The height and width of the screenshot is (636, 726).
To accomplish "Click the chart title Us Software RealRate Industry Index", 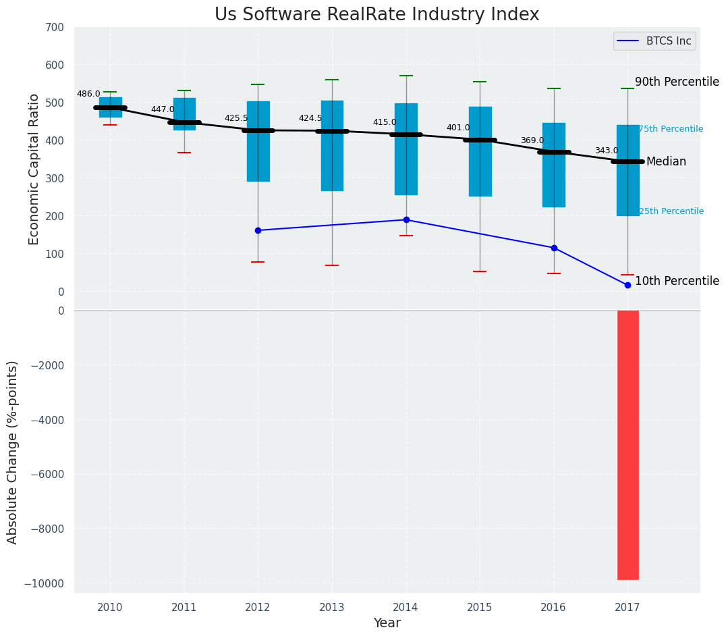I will point(376,15).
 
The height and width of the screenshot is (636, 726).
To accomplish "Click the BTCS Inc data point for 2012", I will point(258,230).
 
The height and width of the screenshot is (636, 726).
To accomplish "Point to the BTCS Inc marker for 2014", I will point(406,219).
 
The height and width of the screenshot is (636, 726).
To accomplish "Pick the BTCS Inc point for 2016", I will point(554,248).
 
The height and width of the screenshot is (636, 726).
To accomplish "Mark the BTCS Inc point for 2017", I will point(627,285).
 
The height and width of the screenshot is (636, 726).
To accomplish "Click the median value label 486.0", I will point(88,95).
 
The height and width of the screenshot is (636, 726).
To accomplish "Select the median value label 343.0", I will point(606,151).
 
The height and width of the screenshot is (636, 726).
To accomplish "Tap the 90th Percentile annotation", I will point(677,82).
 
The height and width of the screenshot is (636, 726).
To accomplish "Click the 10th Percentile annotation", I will point(677,282).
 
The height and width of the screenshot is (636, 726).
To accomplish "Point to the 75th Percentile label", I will point(671,129).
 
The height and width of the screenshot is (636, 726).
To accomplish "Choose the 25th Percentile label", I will point(671,211).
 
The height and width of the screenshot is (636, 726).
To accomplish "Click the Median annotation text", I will point(666,162).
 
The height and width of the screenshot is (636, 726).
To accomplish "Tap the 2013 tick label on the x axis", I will point(332,608).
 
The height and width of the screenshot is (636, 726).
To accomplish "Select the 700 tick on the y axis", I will point(55,28).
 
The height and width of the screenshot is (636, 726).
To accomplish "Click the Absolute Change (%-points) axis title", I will point(13,452).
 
